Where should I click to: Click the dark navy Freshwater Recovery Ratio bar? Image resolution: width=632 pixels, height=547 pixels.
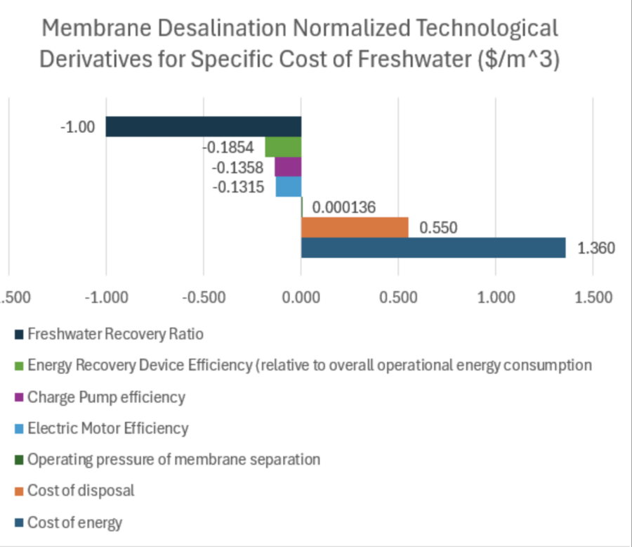204,127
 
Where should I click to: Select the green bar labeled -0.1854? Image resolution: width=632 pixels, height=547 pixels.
283,147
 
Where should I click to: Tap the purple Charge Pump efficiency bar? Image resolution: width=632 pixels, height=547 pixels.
288,167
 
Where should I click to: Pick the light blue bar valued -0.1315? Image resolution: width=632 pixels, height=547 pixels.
289,187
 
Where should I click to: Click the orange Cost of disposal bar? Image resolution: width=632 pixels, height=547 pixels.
355,227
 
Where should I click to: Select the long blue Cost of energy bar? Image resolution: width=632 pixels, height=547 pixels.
433,247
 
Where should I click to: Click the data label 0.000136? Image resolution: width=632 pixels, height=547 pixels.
344,207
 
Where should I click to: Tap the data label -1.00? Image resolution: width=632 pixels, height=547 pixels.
78,128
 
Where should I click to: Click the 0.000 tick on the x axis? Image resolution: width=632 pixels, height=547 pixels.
301,297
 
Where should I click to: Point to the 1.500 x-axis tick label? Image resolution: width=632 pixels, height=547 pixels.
593,297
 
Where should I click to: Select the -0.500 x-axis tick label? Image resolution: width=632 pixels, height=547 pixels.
204,297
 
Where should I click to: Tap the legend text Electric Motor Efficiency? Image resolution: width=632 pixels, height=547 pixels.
108,428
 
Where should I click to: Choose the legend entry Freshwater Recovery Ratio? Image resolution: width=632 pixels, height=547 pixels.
106,334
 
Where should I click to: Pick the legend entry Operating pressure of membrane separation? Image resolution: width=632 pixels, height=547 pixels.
173,460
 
